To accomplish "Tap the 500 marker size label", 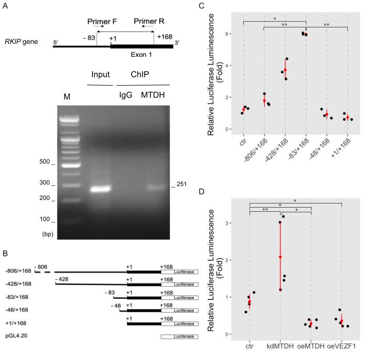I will (x=44, y=162).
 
